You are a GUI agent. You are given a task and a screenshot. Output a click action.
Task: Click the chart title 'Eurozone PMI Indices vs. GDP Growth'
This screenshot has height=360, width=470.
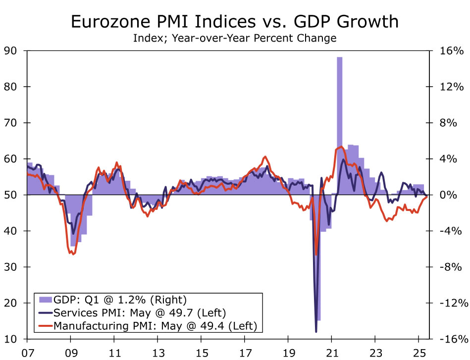[x=235, y=22]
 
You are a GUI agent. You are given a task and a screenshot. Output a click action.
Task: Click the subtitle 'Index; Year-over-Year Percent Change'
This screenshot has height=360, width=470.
[x=235, y=38]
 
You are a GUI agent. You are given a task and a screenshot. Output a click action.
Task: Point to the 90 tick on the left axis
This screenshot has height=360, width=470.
[x=10, y=51]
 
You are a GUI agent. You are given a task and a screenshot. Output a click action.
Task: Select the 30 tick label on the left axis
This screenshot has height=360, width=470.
[x=10, y=267]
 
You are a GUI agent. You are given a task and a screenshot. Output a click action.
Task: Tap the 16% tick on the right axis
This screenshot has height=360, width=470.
[x=451, y=51]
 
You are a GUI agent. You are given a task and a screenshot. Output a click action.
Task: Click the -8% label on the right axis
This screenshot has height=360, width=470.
[x=451, y=267]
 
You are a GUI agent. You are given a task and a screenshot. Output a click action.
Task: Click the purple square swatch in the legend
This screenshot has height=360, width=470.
[x=45, y=300]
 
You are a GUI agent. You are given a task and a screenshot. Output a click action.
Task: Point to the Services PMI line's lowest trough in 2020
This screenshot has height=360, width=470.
[x=316, y=331]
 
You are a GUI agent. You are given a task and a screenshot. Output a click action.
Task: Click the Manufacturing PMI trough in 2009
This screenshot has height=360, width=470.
[x=73, y=254]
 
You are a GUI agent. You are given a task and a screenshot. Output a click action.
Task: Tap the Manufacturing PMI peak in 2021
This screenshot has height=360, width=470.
[x=341, y=147]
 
